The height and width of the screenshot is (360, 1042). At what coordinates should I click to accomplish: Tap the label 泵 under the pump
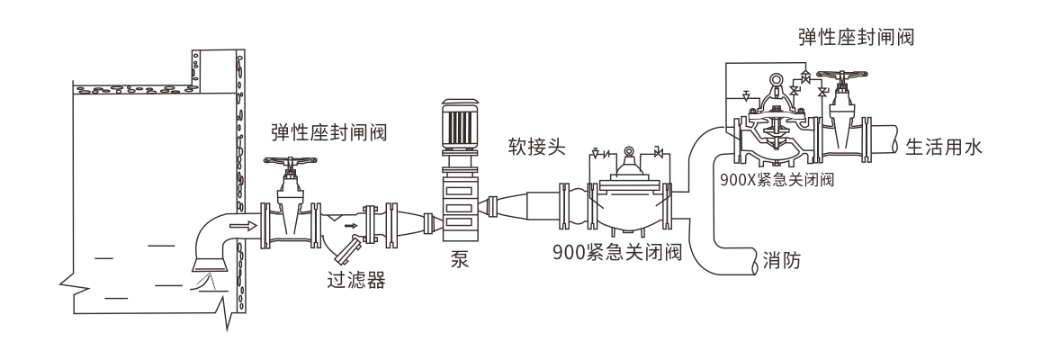[461, 262]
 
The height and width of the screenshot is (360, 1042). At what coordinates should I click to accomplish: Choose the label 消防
[783, 262]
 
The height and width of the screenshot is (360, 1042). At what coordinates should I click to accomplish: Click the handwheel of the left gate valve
[289, 165]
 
